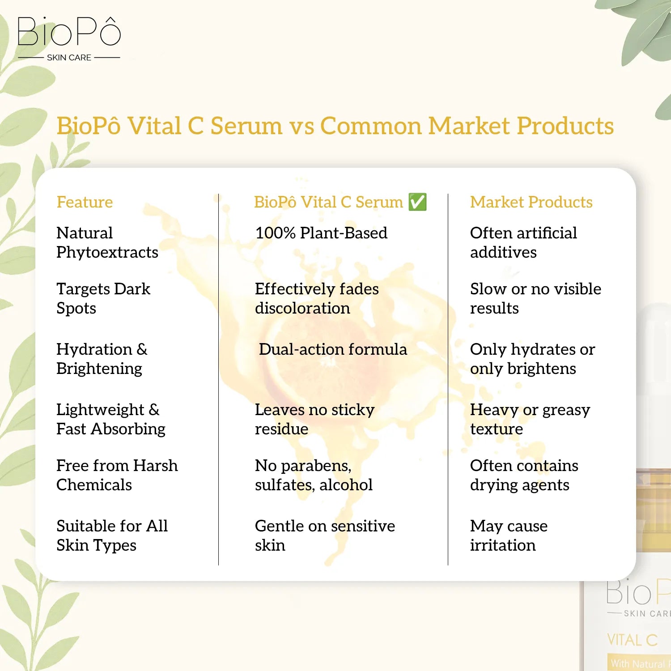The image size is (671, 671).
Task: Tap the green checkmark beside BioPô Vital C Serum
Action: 417,202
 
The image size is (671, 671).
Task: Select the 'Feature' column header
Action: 85,202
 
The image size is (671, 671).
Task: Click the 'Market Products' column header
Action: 531,202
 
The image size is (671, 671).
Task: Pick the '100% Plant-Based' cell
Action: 321,233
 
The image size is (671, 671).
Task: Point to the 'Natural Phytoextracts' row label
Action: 107,242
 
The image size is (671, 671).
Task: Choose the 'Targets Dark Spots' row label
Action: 103,298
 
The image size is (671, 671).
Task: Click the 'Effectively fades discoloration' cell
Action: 316,298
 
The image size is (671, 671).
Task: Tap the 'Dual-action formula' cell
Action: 332,349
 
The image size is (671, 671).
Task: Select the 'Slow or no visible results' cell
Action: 535,298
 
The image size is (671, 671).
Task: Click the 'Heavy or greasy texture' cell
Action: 530,419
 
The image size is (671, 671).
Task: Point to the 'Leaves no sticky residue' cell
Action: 314,419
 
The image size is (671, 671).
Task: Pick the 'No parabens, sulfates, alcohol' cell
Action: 313,475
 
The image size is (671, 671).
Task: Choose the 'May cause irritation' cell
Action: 508,535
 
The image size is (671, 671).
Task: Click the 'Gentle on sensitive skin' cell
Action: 324,535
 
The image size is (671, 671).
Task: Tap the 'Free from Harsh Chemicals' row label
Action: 117,475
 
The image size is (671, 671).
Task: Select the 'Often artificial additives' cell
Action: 523,242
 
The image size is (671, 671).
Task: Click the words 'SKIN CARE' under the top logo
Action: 69,58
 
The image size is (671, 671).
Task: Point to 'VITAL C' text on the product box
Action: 632,640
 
